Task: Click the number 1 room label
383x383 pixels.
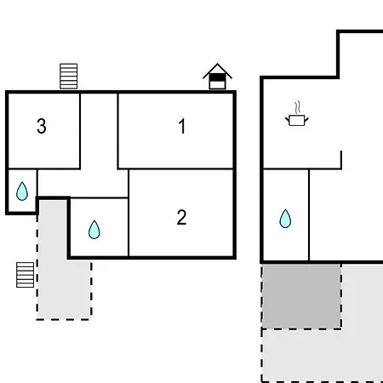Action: (x=182, y=126)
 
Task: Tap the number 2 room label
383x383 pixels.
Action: (x=181, y=217)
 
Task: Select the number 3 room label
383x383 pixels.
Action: (x=42, y=126)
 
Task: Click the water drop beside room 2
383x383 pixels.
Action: (x=94, y=230)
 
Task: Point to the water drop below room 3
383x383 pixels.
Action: (x=22, y=191)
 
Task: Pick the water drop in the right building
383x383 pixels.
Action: (x=285, y=219)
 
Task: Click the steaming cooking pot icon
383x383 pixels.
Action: (x=297, y=113)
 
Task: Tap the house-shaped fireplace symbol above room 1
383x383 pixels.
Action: (x=217, y=77)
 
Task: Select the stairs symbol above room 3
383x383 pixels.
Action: (x=69, y=76)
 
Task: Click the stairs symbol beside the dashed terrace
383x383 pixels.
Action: (x=25, y=275)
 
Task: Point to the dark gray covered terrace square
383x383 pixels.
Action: (x=301, y=296)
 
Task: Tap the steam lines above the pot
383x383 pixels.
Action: (x=297, y=107)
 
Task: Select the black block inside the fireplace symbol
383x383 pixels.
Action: (x=217, y=77)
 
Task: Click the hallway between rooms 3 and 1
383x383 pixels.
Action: (x=99, y=130)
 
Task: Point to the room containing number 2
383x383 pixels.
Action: (x=181, y=213)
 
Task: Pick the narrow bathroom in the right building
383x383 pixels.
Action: (x=286, y=214)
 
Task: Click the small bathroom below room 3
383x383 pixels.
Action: (x=22, y=191)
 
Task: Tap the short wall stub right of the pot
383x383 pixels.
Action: (x=341, y=160)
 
